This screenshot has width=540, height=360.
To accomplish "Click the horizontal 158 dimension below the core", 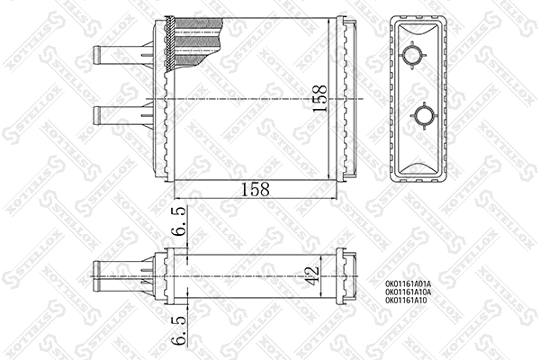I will point(255,189).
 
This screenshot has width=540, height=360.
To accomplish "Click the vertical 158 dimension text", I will point(318,99).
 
